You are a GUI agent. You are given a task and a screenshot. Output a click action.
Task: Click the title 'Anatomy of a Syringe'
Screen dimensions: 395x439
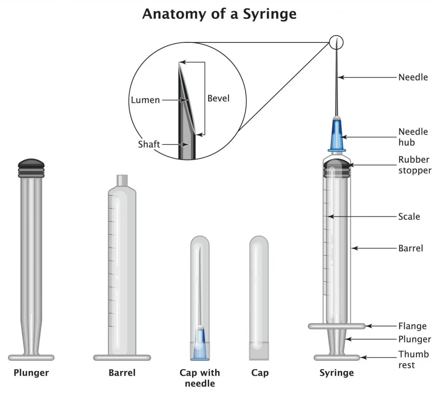point(219,14)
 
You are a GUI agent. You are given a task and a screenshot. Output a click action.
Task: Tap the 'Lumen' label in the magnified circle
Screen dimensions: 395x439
point(145,100)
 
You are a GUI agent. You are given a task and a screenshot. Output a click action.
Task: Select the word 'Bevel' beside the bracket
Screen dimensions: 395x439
point(218,98)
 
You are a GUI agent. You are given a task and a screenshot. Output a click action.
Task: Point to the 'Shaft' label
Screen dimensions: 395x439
point(149,144)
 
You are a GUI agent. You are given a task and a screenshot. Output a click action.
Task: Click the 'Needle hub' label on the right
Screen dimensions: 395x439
point(412,137)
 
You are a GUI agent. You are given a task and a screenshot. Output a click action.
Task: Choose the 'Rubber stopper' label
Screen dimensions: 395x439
point(414,165)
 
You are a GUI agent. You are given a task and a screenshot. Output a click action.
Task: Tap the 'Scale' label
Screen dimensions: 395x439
point(409,217)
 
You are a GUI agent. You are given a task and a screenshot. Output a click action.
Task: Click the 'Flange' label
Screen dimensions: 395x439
point(412,326)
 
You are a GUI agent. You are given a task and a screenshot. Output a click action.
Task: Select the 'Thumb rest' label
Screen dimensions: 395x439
point(413,359)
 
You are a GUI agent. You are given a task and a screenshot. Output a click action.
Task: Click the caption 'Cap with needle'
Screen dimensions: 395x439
point(200,378)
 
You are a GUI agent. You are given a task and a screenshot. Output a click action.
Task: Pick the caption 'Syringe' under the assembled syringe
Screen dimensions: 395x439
point(337,373)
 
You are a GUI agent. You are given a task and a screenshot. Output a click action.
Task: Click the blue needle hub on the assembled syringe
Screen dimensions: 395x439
point(337,134)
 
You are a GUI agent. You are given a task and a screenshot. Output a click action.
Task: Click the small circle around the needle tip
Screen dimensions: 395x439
point(337,42)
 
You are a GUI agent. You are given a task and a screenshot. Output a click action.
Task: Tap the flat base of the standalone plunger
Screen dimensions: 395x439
point(31,357)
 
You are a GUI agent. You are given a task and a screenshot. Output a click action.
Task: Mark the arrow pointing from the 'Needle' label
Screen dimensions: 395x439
point(369,78)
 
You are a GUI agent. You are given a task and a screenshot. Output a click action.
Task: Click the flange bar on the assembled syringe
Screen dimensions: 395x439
point(337,326)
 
